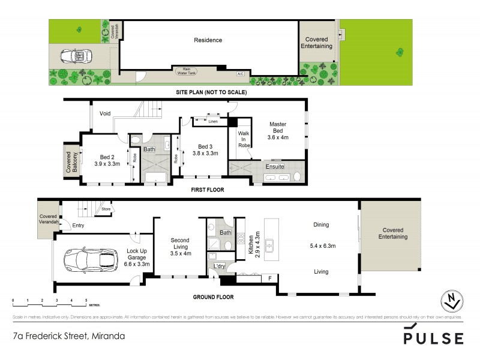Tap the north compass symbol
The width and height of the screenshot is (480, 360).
click(x=453, y=301)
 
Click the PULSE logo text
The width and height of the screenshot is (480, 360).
click(x=433, y=338)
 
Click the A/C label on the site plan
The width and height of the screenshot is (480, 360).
click(x=240, y=74)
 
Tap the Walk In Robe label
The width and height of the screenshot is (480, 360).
click(x=244, y=139)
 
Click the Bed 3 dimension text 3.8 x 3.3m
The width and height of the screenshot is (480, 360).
click(x=205, y=154)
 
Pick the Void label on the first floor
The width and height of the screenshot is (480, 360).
click(x=106, y=113)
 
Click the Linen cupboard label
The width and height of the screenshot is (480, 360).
click(x=213, y=122)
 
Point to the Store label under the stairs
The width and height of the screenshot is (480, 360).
click(x=106, y=209)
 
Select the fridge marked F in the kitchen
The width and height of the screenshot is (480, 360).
click(x=270, y=278)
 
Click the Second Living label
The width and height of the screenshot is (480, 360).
click(x=179, y=242)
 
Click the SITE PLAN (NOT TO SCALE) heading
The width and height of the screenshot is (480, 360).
click(x=211, y=92)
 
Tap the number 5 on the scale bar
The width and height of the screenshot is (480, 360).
click(x=86, y=299)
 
